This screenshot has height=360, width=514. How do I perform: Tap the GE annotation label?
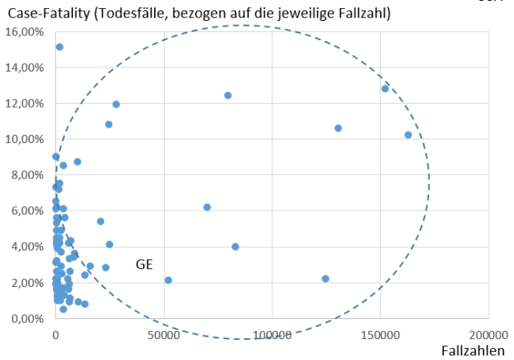[144, 264]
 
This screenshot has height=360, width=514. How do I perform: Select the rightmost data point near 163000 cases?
[408, 135]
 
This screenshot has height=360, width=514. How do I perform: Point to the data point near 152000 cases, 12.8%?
[385, 88]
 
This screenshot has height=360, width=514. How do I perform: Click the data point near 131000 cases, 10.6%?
[338, 128]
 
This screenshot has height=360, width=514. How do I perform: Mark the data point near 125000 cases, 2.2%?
[325, 279]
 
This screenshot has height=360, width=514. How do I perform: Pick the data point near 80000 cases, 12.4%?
[227, 95]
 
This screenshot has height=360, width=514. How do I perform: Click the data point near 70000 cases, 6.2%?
[206, 207]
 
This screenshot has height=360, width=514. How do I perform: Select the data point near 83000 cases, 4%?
[235, 247]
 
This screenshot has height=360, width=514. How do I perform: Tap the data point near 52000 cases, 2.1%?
[168, 280]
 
